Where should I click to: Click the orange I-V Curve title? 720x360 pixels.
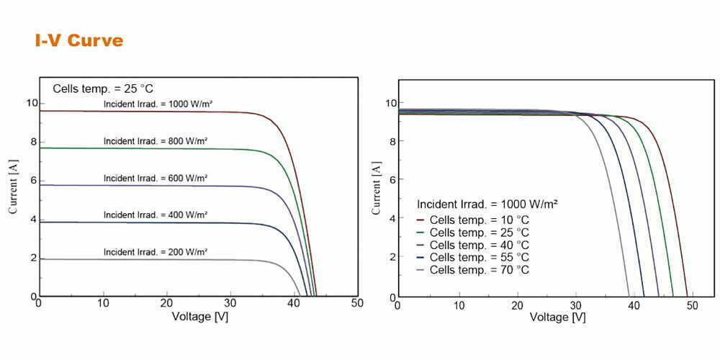pyautogui.click(x=79, y=40)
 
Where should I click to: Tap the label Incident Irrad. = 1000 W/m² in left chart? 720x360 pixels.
pyautogui.click(x=158, y=104)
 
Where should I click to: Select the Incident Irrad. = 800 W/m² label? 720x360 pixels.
pyautogui.click(x=156, y=141)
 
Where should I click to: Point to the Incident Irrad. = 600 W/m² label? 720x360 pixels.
pyautogui.click(x=156, y=178)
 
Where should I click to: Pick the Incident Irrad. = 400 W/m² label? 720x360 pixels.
pyautogui.click(x=156, y=215)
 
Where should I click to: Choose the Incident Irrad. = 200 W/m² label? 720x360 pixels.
pyautogui.click(x=156, y=251)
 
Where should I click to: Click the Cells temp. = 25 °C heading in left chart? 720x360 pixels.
pyautogui.click(x=102, y=89)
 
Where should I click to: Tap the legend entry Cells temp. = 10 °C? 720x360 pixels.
pyautogui.click(x=479, y=219)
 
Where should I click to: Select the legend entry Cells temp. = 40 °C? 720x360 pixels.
pyautogui.click(x=479, y=245)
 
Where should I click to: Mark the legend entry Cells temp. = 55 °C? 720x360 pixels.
pyautogui.click(x=479, y=258)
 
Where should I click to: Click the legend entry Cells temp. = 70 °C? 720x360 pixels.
pyautogui.click(x=479, y=271)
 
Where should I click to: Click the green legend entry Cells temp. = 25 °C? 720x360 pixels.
pyautogui.click(x=479, y=232)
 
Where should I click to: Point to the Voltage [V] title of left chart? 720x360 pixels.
pyautogui.click(x=200, y=316)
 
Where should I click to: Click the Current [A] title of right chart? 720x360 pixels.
pyautogui.click(x=377, y=189)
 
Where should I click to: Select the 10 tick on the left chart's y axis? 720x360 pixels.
pyautogui.click(x=30, y=103)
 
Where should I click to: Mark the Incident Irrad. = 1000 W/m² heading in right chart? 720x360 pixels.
pyautogui.click(x=488, y=204)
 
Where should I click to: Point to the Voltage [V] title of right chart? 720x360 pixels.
pyautogui.click(x=558, y=318)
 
